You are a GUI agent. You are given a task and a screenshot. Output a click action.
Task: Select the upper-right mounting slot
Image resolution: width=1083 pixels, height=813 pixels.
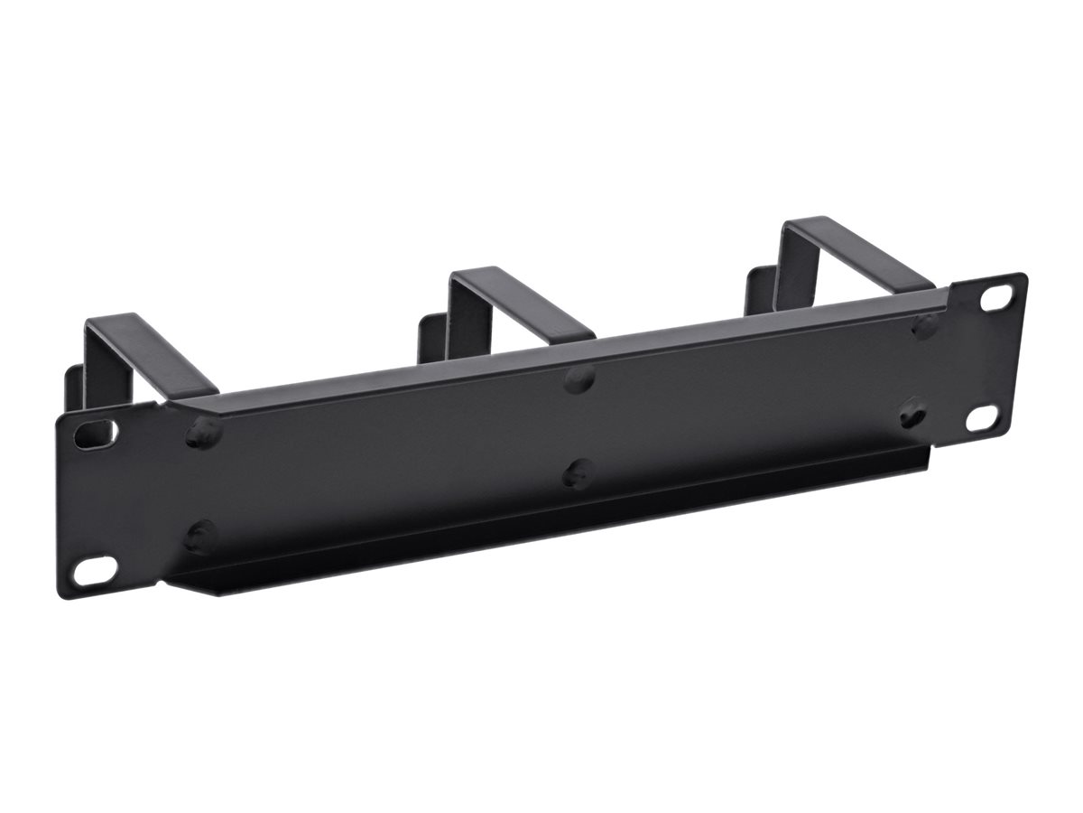(996, 297)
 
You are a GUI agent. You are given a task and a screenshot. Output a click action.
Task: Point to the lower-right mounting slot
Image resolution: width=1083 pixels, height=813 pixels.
(981, 417)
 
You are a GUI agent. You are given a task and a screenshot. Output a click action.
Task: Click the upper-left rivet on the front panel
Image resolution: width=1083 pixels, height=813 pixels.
(204, 433)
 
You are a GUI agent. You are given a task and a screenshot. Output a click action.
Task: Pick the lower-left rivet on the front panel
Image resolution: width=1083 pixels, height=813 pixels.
(200, 537)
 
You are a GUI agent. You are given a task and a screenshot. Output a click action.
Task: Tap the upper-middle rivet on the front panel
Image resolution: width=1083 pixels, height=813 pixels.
(579, 378)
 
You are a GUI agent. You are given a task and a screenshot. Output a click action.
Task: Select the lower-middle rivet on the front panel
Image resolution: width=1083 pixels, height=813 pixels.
(579, 472)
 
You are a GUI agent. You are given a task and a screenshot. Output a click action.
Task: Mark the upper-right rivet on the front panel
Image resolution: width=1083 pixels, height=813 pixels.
(925, 326)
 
